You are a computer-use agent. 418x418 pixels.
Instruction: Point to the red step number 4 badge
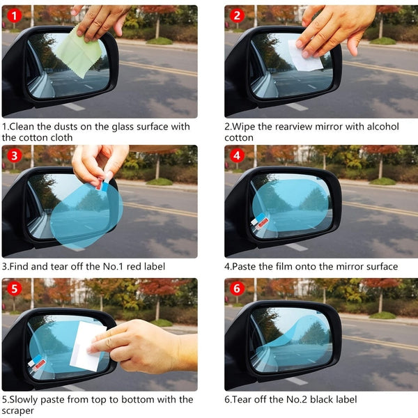[x=238, y=155]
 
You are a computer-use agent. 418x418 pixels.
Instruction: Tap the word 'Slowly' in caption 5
[x=27, y=399]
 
